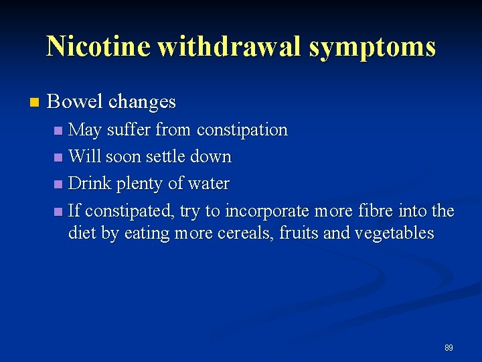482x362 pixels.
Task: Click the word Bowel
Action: coord(76,102)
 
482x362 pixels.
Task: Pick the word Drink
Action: coord(89,184)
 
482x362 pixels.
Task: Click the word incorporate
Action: coord(267,212)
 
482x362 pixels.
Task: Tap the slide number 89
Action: coord(449,348)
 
